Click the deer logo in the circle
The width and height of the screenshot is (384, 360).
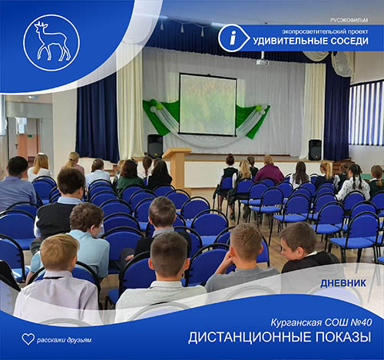[52, 41]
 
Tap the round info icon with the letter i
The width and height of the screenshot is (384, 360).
[233, 38]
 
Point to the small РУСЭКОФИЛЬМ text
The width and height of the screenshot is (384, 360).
[349, 20]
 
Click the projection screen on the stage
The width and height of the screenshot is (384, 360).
[207, 104]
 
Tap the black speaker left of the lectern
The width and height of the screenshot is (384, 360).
[155, 146]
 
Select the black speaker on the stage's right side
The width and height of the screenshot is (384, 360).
[315, 150]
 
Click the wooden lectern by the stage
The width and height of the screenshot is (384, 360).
[177, 167]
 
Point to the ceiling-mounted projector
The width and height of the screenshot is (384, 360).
[262, 62]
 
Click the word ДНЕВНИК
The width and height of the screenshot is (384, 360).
[343, 283]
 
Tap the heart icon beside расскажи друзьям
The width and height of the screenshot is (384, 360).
[28, 339]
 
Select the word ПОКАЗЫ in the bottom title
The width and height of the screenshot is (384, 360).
[343, 337]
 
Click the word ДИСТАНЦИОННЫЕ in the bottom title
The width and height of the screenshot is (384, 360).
[250, 338]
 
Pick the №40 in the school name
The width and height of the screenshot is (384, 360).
[361, 322]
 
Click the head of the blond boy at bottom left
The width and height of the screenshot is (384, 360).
[59, 253]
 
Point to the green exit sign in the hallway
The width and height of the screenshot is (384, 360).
[31, 135]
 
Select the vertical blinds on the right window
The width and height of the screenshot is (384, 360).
[366, 114]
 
